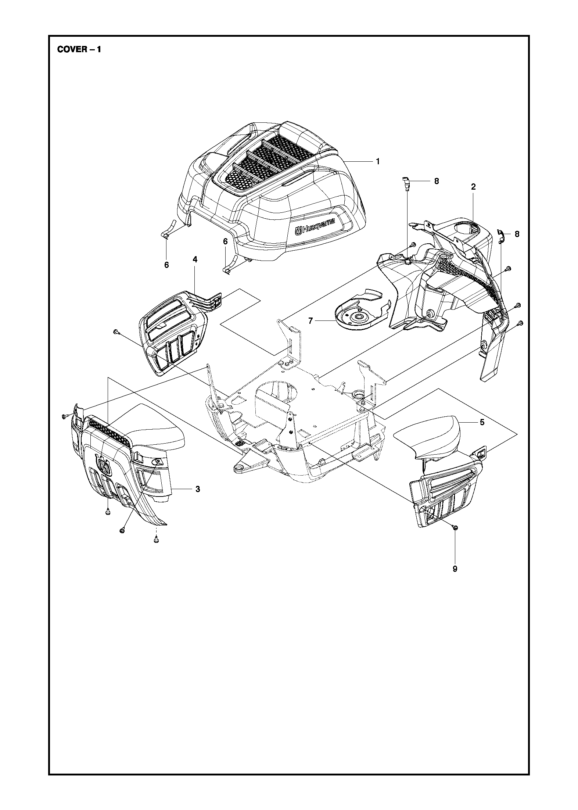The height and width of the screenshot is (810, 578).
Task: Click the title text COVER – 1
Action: click(79, 50)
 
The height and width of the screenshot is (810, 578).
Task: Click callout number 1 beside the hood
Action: click(377, 162)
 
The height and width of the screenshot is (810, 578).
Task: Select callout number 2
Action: click(473, 187)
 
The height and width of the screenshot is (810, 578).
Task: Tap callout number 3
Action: click(198, 489)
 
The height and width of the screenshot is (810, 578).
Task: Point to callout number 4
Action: click(195, 259)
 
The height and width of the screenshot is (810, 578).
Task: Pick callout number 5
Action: click(482, 422)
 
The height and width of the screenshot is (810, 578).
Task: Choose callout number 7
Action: click(310, 321)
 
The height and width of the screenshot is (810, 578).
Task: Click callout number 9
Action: click(455, 569)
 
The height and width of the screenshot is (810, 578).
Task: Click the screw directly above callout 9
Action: click(455, 527)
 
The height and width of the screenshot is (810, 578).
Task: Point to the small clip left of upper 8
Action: click(406, 183)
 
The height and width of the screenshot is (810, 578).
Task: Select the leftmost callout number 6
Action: click(166, 265)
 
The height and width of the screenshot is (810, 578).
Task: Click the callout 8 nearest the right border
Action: click(517, 234)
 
